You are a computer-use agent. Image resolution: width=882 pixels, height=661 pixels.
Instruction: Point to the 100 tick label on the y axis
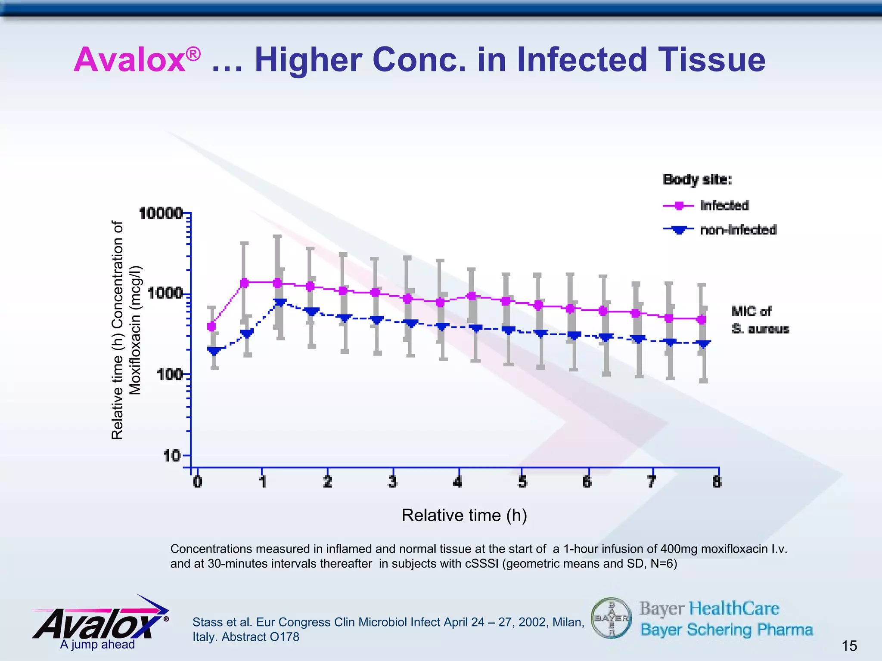170,374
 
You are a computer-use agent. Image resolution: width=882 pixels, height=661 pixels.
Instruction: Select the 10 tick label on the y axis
172,455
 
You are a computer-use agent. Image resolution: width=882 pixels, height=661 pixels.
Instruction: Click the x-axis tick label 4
457,482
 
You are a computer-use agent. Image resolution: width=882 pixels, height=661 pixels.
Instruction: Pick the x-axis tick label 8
717,482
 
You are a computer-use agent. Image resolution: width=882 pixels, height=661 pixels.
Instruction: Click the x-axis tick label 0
198,482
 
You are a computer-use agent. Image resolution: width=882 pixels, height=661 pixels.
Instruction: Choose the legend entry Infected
724,206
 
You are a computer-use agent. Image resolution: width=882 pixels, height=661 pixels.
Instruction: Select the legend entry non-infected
738,230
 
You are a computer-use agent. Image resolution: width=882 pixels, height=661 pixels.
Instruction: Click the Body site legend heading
697,179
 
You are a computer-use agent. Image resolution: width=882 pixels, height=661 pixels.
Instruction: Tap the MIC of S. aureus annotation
760,320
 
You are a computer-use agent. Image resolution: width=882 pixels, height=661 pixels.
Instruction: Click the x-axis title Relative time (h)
464,515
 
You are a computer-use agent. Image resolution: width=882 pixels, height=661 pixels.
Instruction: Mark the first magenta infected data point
211,327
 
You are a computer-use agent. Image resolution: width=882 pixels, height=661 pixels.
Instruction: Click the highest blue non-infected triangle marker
280,302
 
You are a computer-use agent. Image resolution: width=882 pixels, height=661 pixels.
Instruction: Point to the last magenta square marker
702,320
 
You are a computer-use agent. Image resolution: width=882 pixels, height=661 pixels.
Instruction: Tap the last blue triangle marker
704,344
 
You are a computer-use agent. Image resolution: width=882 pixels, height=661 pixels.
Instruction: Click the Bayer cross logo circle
611,618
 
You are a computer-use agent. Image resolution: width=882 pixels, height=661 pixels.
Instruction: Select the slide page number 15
849,646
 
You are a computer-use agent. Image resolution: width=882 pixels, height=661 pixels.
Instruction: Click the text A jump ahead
97,644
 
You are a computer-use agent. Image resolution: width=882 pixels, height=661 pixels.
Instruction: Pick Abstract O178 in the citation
260,637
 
